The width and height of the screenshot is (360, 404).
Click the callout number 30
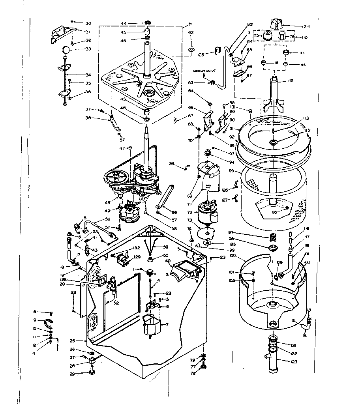(x=88, y=23)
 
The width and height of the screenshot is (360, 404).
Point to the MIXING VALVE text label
(x=203, y=71)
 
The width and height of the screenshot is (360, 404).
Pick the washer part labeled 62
(x=191, y=49)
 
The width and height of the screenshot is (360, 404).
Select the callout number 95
(x=232, y=171)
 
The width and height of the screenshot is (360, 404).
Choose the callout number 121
(x=292, y=345)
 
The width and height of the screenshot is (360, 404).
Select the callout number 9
(x=35, y=320)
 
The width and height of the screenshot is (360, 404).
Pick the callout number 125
(x=201, y=54)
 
